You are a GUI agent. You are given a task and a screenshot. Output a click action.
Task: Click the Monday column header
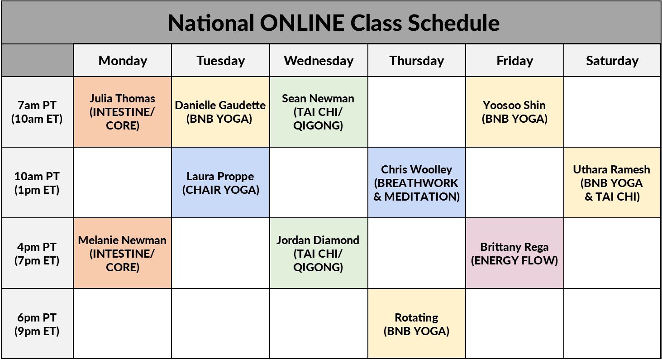(123, 61)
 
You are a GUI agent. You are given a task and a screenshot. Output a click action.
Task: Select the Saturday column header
(612, 61)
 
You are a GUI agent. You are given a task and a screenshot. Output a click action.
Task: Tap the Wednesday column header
(319, 61)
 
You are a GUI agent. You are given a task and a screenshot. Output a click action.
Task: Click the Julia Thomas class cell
(122, 112)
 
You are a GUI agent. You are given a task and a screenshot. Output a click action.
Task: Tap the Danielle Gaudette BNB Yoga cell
(220, 112)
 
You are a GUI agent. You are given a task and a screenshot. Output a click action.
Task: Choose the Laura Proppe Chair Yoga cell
(220, 182)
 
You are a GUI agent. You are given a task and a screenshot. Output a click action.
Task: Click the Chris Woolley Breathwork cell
(416, 182)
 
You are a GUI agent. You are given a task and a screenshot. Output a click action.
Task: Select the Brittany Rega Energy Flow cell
(514, 254)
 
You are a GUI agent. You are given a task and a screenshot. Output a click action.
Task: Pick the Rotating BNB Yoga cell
(416, 324)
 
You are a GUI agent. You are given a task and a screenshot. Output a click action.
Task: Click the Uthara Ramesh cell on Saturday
(612, 182)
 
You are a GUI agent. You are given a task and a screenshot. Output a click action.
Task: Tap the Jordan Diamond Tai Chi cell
(318, 254)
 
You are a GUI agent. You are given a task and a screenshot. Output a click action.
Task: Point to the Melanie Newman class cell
(122, 254)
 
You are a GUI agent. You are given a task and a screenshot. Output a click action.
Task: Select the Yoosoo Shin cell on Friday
(514, 112)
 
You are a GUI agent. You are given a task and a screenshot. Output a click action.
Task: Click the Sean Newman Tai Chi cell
(318, 112)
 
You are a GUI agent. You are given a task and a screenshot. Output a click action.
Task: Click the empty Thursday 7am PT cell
(416, 112)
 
